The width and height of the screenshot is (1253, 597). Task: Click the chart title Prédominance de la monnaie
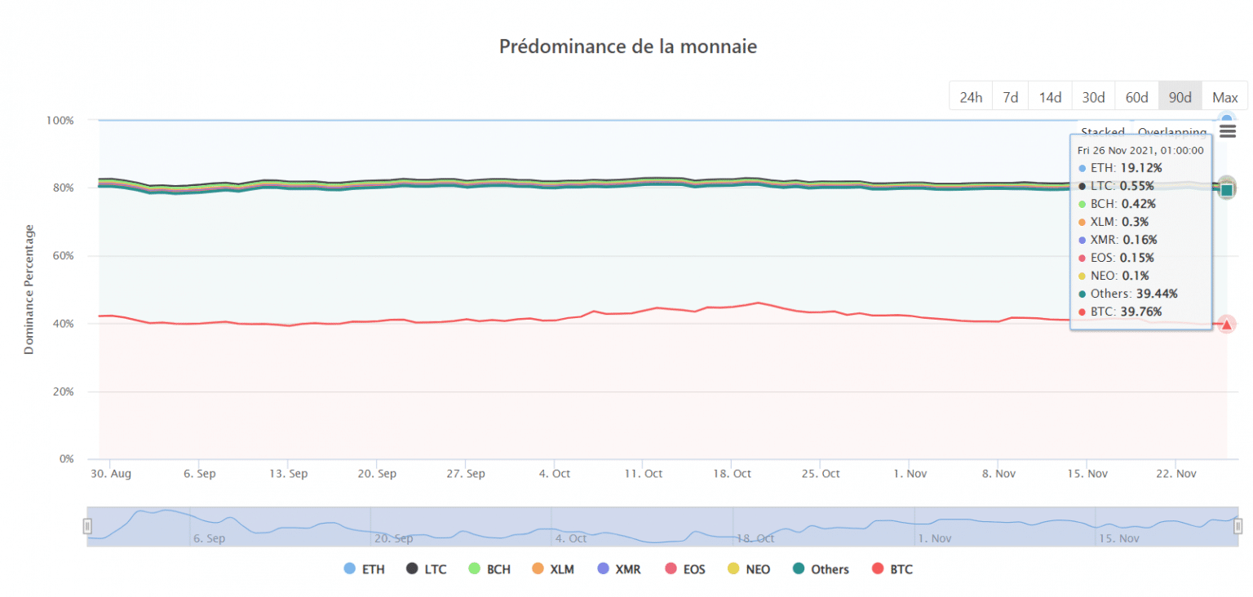pos(627,46)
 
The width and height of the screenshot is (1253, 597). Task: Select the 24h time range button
pos(970,97)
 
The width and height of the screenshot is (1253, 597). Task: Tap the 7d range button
pos(1010,97)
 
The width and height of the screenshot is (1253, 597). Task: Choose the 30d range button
pos(1093,97)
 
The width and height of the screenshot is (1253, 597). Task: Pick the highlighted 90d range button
pos(1180,97)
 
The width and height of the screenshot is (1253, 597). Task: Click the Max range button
pos(1224,97)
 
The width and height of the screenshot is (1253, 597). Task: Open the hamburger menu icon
pos(1228,131)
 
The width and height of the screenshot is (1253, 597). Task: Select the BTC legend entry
pos(892,569)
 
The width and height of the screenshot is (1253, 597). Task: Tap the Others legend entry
pos(821,569)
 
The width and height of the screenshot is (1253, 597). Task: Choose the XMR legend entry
pos(619,569)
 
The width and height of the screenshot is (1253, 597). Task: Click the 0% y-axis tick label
pos(65,459)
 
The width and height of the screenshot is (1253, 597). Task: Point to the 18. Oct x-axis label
pos(731,474)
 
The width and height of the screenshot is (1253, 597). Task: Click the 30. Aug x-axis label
pos(110,474)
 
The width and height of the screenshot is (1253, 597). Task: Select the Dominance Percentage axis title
pos(29,289)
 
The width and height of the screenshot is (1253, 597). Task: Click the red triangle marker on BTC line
pos(1226,324)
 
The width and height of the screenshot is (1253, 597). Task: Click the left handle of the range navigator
pos(88,526)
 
